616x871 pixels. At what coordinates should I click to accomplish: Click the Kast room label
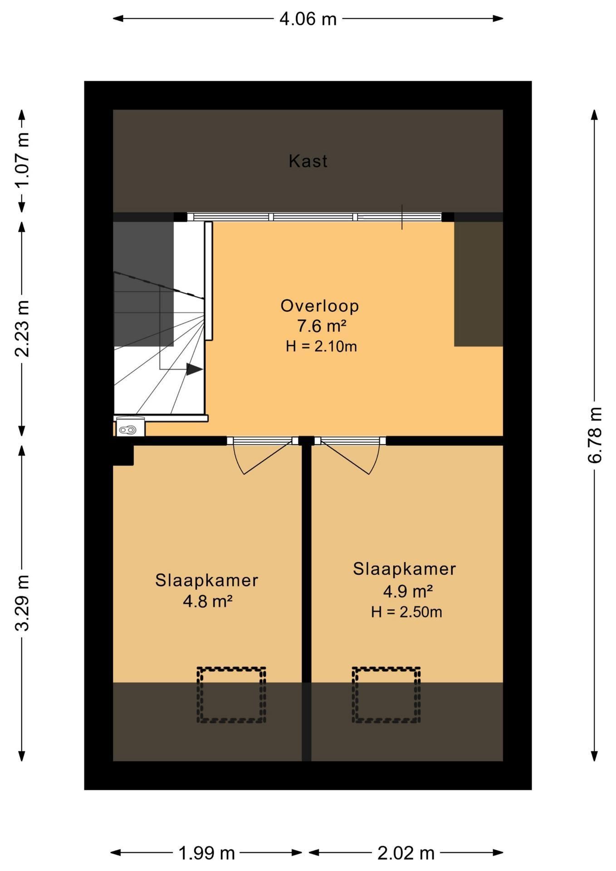click(x=308, y=161)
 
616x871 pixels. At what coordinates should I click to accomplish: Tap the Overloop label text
click(x=320, y=306)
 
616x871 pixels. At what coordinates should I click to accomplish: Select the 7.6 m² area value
click(x=322, y=326)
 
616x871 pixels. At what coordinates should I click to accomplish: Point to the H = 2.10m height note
click(x=321, y=347)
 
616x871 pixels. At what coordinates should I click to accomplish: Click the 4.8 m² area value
click(x=208, y=602)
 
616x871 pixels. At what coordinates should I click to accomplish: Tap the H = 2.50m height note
click(x=406, y=612)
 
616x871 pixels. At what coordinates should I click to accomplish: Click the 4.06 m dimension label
click(x=308, y=19)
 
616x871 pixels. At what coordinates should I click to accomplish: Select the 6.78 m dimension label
click(x=595, y=435)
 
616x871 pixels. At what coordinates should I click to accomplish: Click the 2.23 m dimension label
click(x=22, y=328)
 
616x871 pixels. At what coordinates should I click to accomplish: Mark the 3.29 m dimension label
click(x=22, y=603)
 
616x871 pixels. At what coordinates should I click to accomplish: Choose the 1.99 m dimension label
click(x=207, y=853)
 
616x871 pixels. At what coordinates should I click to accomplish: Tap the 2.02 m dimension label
click(x=406, y=853)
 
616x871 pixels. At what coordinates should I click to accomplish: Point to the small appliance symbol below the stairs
click(x=131, y=427)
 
